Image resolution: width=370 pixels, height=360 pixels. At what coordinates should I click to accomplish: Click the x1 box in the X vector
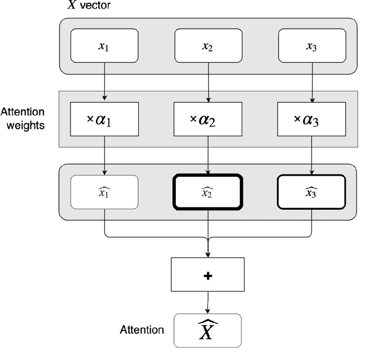104,46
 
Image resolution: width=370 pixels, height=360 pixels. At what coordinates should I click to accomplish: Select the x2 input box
208,46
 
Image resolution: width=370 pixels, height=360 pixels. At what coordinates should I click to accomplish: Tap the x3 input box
312,46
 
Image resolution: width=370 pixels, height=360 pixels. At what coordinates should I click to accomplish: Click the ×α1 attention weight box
104,119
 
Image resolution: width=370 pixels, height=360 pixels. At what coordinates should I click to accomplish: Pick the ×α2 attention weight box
208,119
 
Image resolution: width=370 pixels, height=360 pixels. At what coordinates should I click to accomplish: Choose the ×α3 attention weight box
312,119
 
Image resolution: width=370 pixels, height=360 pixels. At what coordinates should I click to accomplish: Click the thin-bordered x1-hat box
104,192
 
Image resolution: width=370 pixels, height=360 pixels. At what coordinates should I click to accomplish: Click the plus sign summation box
208,274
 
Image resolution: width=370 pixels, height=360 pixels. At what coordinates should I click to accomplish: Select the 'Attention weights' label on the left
23,118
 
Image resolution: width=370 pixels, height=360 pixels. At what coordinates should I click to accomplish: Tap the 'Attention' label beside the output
142,331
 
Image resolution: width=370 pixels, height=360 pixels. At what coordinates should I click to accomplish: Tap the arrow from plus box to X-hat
208,302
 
